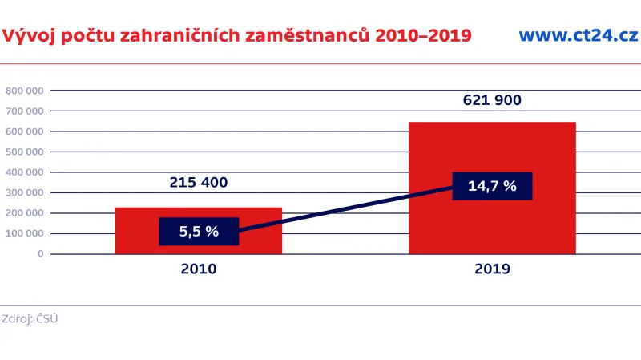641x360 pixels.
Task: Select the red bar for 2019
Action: (x=492, y=152)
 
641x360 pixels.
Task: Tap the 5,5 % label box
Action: (x=199, y=232)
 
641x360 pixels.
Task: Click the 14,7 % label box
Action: (x=492, y=186)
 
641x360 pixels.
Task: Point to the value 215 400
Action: (x=199, y=182)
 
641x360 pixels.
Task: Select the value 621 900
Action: (x=492, y=100)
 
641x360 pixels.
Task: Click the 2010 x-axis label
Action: (x=199, y=269)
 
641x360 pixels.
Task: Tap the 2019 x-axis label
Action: (x=492, y=269)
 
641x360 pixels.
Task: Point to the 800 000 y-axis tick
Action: (x=24, y=91)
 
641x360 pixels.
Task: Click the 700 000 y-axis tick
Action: (x=24, y=111)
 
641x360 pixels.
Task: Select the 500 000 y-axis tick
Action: (x=24, y=152)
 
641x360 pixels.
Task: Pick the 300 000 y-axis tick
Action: (x=24, y=192)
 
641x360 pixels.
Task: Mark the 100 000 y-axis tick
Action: (x=24, y=233)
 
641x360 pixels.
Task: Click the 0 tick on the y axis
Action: (x=40, y=253)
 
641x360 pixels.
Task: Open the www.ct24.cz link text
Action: (x=578, y=35)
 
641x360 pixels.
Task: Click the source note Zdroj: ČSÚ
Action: (x=30, y=319)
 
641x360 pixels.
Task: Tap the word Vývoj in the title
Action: (x=26, y=35)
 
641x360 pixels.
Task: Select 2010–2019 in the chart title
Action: (x=424, y=35)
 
